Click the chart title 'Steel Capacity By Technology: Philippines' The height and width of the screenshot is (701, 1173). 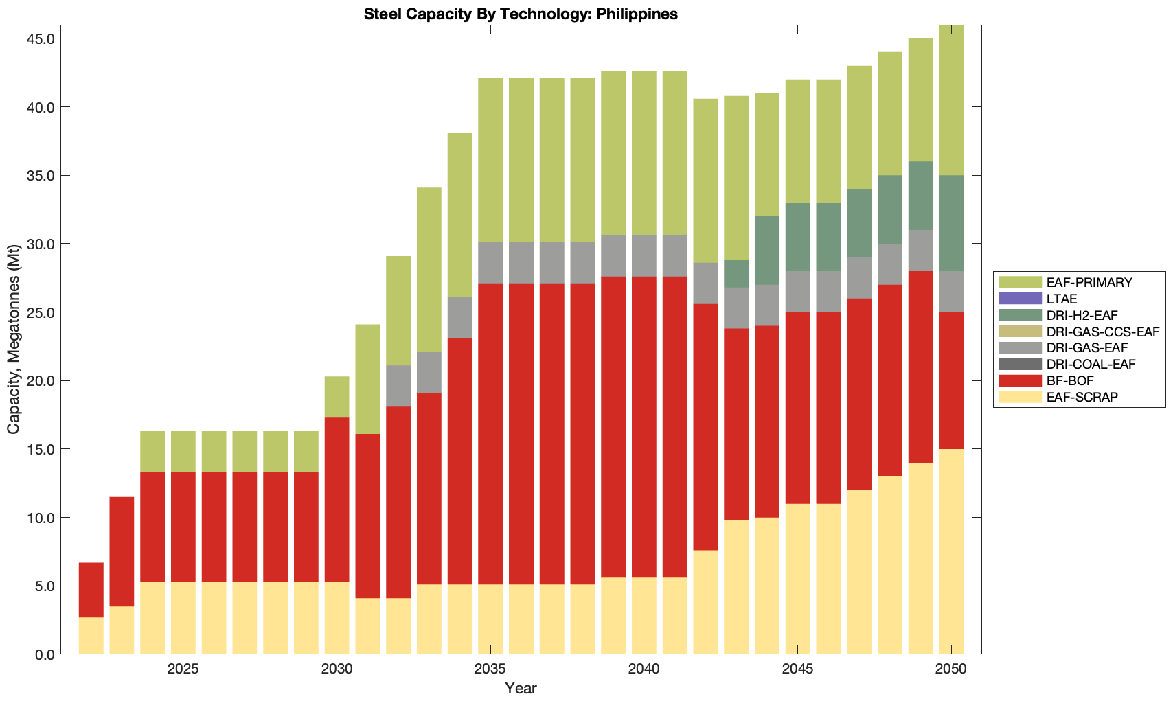(x=521, y=14)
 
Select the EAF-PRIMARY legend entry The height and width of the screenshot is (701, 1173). (x=1089, y=282)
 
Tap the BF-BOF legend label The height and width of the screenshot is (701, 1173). (x=1070, y=380)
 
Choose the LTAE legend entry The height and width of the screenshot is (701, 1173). (x=1062, y=299)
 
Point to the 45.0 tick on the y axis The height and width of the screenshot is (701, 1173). (x=41, y=39)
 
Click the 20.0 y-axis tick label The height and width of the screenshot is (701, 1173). (x=41, y=381)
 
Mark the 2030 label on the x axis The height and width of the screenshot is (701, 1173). (x=337, y=669)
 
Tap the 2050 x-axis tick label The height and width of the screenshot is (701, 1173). (x=951, y=669)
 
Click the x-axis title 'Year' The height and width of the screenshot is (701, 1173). (x=521, y=689)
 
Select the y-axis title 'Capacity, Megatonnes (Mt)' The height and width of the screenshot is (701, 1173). (x=14, y=340)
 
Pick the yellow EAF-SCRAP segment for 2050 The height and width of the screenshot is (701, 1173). (x=951, y=551)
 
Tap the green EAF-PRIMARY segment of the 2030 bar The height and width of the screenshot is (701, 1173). (x=337, y=397)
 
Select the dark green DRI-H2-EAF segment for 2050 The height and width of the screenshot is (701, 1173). (x=951, y=223)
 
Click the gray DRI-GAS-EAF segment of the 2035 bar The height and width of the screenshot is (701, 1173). (x=490, y=263)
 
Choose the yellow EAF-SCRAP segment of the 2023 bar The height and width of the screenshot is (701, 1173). (x=122, y=630)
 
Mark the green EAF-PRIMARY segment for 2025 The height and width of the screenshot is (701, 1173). (x=183, y=452)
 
